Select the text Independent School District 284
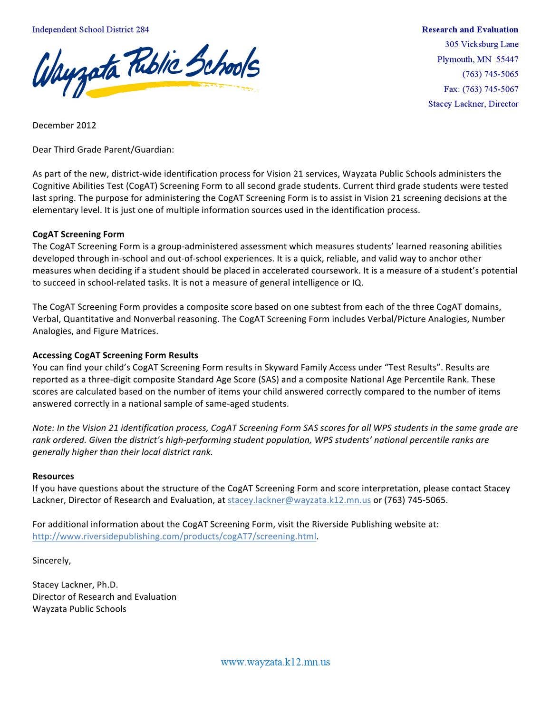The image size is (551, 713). [x=90, y=29]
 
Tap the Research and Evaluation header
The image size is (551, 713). [x=470, y=29]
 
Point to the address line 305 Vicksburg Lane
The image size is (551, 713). [x=481, y=44]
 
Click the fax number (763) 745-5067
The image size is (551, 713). [x=481, y=89]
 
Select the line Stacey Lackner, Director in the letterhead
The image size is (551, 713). [x=473, y=104]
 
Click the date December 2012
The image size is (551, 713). [x=64, y=126]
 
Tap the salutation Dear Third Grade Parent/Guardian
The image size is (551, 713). [x=103, y=150]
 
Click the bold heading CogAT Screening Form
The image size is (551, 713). [x=78, y=234]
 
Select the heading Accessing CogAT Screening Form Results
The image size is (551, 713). [x=115, y=355]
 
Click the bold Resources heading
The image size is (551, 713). [x=53, y=476]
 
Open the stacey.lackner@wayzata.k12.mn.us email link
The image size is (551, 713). [x=299, y=500]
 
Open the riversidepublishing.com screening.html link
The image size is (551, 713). [x=174, y=537]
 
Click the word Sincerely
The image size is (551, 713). [x=51, y=561]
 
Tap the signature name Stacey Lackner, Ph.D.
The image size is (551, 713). [x=75, y=585]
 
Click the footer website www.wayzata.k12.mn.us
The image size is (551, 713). [x=275, y=662]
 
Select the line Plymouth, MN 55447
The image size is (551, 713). [x=477, y=59]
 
